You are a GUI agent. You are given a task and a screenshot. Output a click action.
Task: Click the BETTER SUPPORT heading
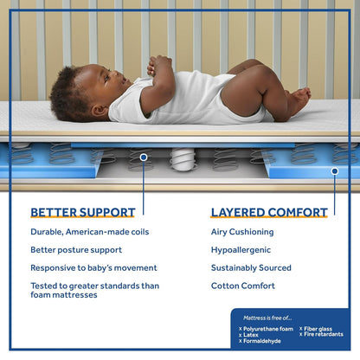point(83,212)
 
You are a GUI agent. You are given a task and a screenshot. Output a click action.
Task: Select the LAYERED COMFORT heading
point(269,212)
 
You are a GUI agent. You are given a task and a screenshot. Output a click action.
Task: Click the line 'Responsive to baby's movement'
point(94,268)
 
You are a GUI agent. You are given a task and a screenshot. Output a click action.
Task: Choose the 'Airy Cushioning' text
point(242,232)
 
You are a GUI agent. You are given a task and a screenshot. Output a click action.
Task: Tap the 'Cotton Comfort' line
point(243,286)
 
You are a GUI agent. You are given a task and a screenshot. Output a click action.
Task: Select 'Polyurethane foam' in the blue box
point(270,329)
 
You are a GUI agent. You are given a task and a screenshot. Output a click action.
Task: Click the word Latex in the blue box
point(253,335)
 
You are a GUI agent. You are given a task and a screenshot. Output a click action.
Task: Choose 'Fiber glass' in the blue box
point(323,329)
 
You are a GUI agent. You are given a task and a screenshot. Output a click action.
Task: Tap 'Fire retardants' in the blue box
point(325,335)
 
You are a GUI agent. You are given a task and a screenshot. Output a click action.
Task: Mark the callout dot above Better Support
point(143,157)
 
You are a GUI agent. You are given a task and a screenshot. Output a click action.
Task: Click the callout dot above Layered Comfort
point(334,171)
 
